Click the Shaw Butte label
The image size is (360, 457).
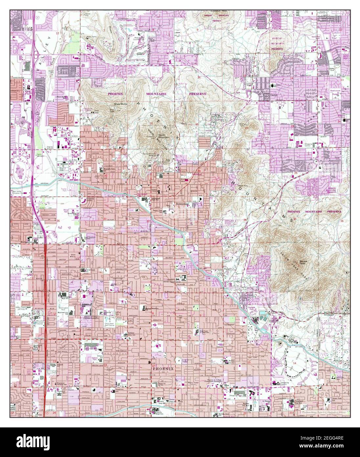tap(121, 104)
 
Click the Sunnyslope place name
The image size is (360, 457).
tap(183, 204)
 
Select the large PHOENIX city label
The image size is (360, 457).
tap(163, 369)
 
